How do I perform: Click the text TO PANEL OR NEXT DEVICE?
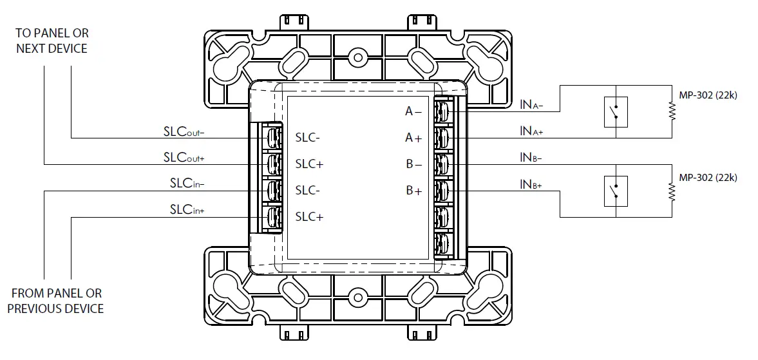[52, 41]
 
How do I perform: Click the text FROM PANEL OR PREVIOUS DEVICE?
[56, 301]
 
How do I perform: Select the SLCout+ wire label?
[184, 158]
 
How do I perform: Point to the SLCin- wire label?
[187, 184]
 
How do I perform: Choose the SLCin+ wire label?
[187, 210]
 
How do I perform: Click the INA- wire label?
[531, 103]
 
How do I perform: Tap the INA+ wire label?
[531, 131]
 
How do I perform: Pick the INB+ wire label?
[531, 185]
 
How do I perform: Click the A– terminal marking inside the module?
[413, 111]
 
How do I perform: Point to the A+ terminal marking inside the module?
[413, 138]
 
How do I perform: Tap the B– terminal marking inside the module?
[413, 164]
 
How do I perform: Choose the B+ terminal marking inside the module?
[413, 191]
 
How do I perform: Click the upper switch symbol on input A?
[616, 112]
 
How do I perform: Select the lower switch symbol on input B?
[616, 191]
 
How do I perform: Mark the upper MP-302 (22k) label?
[708, 95]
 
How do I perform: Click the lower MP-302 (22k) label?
[708, 178]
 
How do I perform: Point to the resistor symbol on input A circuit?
[672, 112]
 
